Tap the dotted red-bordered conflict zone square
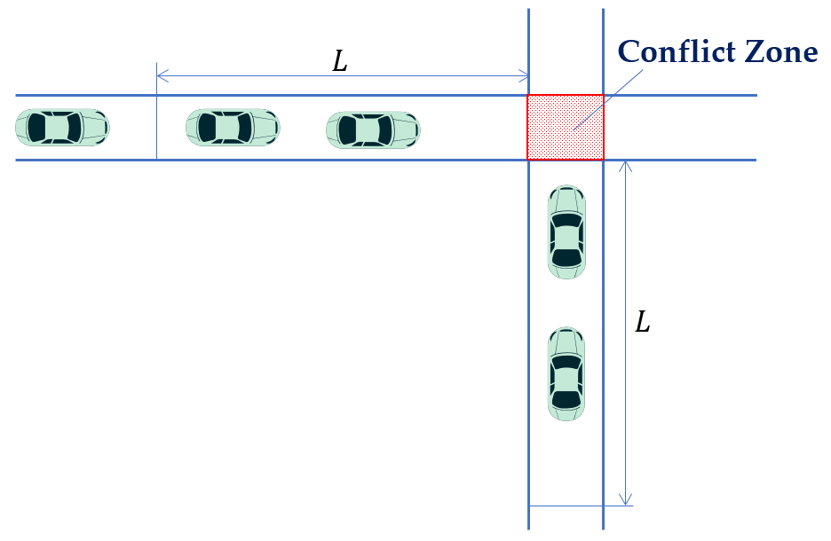(x=566, y=127)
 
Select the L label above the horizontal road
(x=340, y=60)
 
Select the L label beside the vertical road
(x=643, y=322)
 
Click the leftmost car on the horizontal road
(x=62, y=128)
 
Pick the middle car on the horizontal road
(x=233, y=128)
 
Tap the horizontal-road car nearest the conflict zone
(x=374, y=129)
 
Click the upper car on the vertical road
(x=566, y=231)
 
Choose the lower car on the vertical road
(x=566, y=373)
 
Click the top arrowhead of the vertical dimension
(x=626, y=166)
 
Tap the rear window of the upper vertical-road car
(x=566, y=258)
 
